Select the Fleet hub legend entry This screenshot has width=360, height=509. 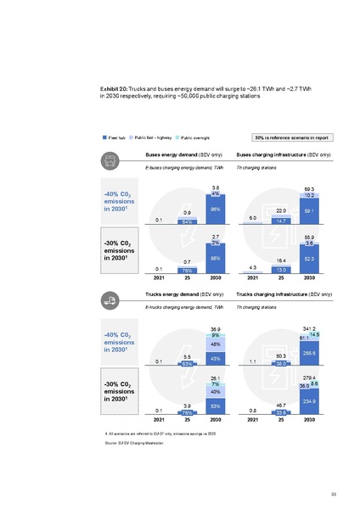point(114,137)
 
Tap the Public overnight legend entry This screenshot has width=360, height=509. point(193,137)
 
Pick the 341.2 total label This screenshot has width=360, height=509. point(309,327)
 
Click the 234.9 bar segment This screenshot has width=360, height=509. point(309,400)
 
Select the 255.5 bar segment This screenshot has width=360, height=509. point(309,352)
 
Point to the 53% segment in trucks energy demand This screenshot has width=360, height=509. point(216,406)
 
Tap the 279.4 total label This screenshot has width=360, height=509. point(309,377)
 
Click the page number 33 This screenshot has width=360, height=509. point(334,494)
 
